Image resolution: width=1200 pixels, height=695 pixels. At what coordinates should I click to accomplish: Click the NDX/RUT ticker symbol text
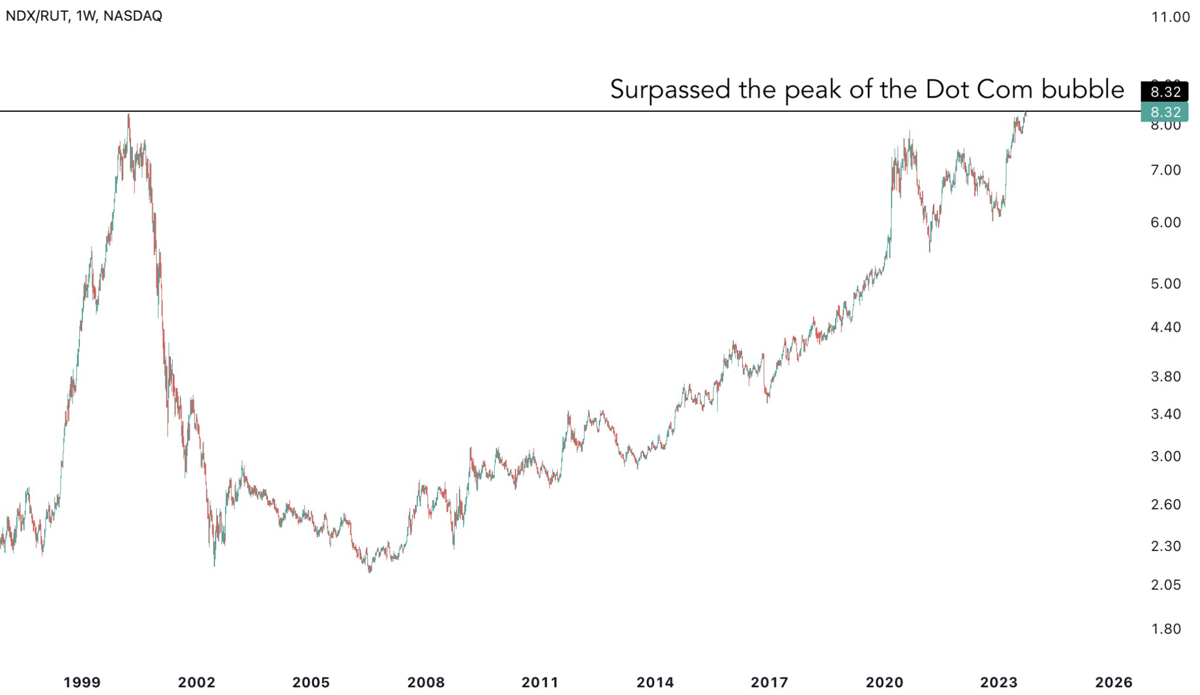click(36, 16)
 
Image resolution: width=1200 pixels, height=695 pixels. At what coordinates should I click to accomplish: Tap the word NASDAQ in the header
click(132, 16)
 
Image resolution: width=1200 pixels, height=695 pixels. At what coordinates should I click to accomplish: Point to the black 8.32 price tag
click(1164, 92)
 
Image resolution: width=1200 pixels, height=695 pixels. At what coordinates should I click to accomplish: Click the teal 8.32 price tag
click(1164, 112)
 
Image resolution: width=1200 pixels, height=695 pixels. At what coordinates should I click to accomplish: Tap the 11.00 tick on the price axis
click(1170, 17)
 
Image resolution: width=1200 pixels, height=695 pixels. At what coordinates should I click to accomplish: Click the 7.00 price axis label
click(1165, 171)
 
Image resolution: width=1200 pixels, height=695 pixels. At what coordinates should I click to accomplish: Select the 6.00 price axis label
click(1165, 222)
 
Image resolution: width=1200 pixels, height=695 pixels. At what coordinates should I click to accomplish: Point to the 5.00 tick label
click(1165, 284)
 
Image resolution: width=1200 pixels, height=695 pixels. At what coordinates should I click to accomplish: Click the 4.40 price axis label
click(1165, 328)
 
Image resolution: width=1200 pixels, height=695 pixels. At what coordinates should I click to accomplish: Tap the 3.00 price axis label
click(1165, 456)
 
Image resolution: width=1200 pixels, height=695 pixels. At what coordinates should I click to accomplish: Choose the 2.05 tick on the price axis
click(1165, 585)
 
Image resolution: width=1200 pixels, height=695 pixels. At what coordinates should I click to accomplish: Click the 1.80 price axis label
click(1165, 629)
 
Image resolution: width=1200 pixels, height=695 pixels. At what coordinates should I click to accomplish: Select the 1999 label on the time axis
click(82, 683)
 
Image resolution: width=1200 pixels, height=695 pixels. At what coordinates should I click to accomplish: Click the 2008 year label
click(426, 683)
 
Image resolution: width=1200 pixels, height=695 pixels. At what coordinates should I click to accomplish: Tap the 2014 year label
click(655, 683)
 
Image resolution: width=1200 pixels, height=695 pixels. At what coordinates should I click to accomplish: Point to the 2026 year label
click(1114, 683)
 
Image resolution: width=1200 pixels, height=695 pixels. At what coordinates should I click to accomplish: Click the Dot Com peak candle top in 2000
click(129, 115)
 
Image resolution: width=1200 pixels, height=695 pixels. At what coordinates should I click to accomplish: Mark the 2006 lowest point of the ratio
click(370, 572)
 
